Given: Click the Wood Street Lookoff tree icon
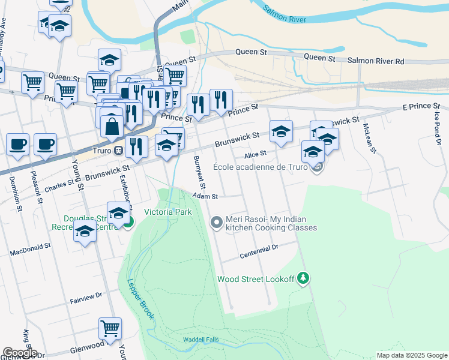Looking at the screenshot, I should [304, 278].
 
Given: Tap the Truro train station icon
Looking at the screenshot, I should [119, 150].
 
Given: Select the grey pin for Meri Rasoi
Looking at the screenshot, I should [217, 223].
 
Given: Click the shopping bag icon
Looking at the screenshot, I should [112, 126].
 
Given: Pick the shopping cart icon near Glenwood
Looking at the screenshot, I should [110, 328].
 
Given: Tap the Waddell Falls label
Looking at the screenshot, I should [201, 340].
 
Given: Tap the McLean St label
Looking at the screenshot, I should [368, 138].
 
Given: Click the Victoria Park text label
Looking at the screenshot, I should [167, 212].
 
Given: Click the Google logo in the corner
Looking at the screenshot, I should [20, 352].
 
